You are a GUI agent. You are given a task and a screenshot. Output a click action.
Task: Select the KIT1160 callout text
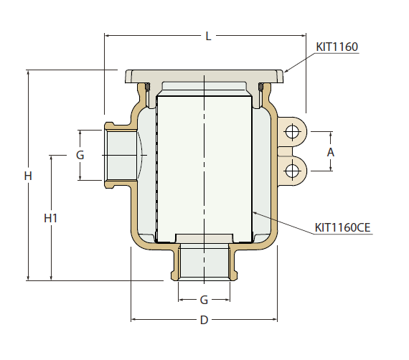337,47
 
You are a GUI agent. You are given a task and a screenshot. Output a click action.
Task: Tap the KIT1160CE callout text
342,228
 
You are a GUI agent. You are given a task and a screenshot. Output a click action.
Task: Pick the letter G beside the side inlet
80,155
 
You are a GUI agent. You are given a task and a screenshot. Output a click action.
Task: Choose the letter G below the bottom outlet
204,299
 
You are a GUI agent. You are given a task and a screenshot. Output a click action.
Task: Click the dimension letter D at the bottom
204,321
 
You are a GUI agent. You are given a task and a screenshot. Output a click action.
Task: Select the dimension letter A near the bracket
331,152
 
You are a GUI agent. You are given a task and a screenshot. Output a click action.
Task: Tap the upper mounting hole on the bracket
292,132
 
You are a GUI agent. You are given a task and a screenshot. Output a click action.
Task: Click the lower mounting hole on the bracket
292,171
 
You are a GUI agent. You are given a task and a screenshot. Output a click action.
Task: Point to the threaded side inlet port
120,155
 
